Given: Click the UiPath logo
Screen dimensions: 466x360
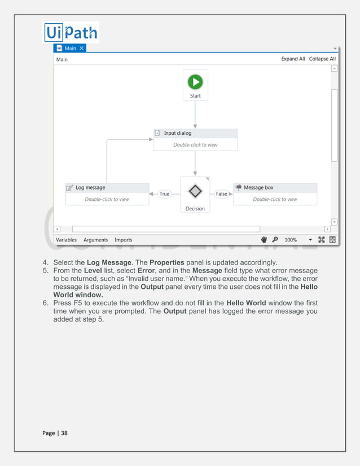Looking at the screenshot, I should point(71,32).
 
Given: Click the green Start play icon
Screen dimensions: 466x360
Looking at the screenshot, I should point(195,82).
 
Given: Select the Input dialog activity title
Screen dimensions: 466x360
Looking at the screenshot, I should point(178,133).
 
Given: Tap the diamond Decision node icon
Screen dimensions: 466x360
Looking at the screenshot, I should point(195,191).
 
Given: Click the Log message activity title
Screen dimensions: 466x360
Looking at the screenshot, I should point(90,187).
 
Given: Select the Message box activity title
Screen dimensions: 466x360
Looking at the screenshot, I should point(258,187).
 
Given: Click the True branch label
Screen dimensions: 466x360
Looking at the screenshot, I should point(164,194).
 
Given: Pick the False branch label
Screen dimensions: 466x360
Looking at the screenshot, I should point(222,194).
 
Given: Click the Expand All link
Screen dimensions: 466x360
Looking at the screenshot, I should point(293,59).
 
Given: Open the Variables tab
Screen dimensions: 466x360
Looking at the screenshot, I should point(66,240).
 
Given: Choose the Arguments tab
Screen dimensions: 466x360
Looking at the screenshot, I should point(95,240).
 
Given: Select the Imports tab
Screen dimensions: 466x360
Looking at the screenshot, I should point(123,240).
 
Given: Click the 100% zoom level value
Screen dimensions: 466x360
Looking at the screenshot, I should point(291,240).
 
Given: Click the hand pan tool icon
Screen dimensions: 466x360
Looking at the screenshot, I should point(264,240).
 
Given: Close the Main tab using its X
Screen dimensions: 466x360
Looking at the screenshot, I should point(81,49).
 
